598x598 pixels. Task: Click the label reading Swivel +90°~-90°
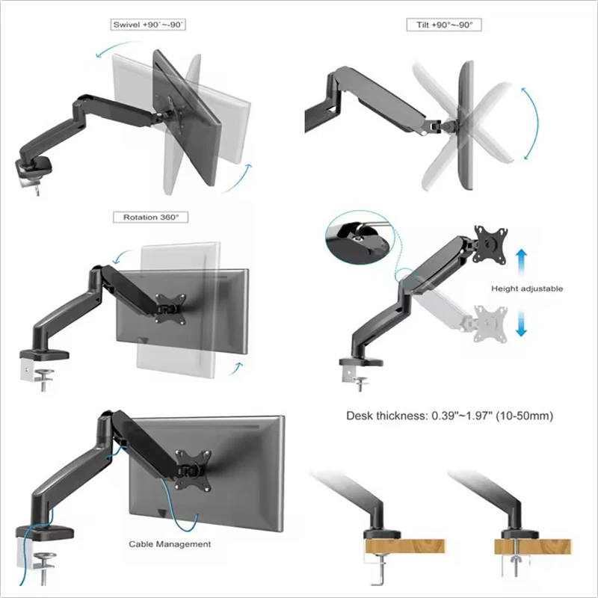pyautogui.click(x=148, y=25)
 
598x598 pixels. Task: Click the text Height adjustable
pyautogui.click(x=527, y=289)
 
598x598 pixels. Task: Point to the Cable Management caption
pyautogui.click(x=170, y=544)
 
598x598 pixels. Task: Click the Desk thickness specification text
pyautogui.click(x=449, y=416)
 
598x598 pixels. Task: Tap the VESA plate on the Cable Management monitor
pyautogui.click(x=191, y=468)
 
